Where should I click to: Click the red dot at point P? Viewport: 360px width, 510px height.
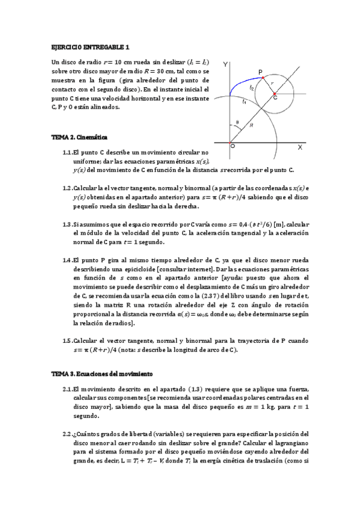pyautogui.click(x=263, y=79)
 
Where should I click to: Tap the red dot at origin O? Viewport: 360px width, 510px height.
pyautogui.click(x=232, y=143)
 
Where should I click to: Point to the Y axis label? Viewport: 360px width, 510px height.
pyautogui.click(x=225, y=63)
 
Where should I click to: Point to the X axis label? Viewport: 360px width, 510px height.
pyautogui.click(x=300, y=147)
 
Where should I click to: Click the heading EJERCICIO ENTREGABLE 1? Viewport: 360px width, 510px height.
pyautogui.click(x=90, y=46)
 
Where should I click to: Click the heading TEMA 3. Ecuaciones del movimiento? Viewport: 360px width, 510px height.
pyautogui.click(x=102, y=373)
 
